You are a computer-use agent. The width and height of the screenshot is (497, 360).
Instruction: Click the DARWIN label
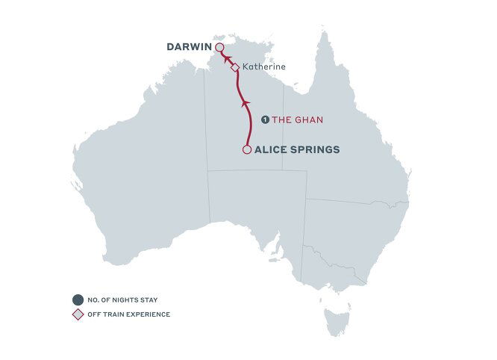190,47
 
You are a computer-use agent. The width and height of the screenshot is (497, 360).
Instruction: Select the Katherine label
264,66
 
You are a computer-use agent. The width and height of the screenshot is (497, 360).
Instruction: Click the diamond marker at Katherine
235,67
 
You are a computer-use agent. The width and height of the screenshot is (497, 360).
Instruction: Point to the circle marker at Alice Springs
247,149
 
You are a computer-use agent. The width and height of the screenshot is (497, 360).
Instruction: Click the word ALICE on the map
272,149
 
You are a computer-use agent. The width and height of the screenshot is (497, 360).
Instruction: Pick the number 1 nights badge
264,120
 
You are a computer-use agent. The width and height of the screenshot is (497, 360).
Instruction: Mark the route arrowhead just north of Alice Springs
245,104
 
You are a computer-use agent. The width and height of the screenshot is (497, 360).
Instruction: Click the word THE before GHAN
281,120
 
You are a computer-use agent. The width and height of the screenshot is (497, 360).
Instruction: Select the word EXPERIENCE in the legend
149,314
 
